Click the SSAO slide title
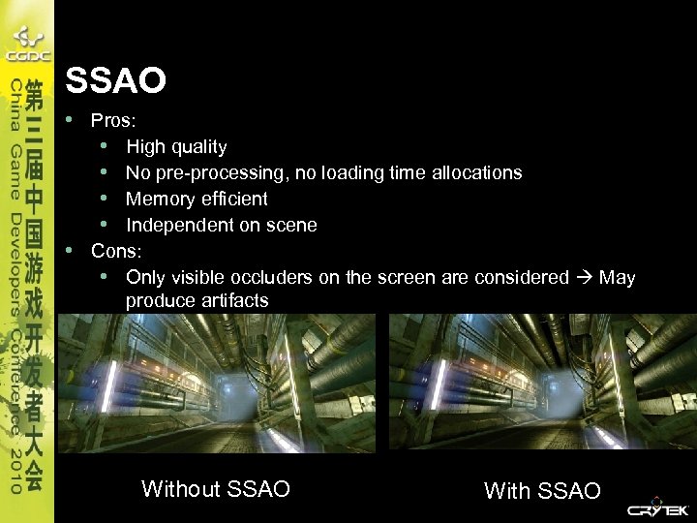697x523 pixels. [115, 80]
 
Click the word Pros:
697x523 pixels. [114, 121]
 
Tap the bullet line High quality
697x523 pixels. [176, 147]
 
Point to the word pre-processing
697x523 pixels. [212, 173]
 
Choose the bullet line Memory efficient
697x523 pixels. [197, 199]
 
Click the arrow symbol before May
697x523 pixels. [585, 278]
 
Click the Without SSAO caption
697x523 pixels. [215, 489]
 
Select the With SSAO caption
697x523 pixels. [542, 491]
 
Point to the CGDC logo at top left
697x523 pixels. [26, 44]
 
